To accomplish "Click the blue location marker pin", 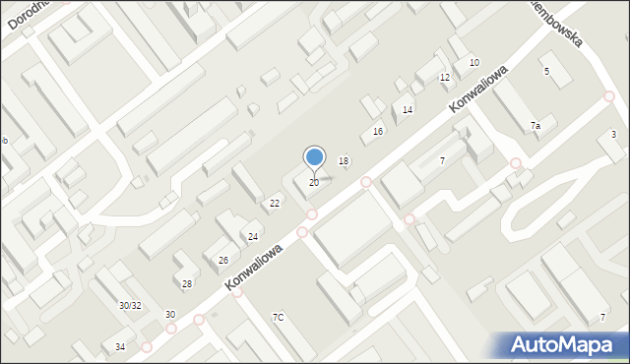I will [x=314, y=157].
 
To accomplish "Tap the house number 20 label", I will [x=314, y=183].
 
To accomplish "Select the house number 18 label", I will [x=344, y=161].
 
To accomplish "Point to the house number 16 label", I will [x=377, y=132].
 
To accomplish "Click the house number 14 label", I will [x=408, y=110].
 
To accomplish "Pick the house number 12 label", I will [x=445, y=78].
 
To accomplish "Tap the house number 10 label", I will [x=473, y=63].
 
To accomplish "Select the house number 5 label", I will [x=546, y=72].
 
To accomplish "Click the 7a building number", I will [x=535, y=126].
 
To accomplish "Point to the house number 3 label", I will [x=613, y=134].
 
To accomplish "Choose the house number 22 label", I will [x=275, y=204].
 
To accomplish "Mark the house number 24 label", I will [x=253, y=237].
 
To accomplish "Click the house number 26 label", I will [x=223, y=261].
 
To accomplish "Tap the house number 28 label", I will [x=187, y=283].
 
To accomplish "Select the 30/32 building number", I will [x=130, y=306].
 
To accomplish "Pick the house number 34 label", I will [x=120, y=347].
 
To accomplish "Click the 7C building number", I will [x=279, y=317].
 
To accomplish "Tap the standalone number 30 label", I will [x=169, y=315].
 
